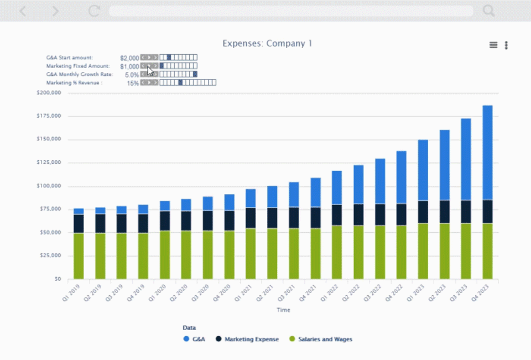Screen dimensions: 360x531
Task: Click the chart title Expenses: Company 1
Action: click(268, 43)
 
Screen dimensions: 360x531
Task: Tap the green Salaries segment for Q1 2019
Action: click(79, 255)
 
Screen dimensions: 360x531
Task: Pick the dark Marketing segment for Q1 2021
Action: click(251, 218)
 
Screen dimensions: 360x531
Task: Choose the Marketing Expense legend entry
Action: click(247, 339)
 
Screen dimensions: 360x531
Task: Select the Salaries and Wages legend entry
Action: click(320, 339)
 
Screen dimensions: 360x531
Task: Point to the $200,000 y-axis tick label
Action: click(49, 93)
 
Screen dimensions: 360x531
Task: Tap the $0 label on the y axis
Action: click(58, 279)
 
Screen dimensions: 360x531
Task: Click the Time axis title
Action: click(283, 310)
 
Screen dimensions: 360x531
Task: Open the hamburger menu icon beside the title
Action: click(493, 45)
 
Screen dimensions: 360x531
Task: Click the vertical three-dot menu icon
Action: click(506, 45)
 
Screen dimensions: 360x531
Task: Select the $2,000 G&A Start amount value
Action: click(129, 58)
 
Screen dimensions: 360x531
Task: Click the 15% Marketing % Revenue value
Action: click(133, 83)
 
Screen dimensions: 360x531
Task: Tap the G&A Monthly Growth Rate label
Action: click(80, 74)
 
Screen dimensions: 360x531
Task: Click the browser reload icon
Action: click(94, 11)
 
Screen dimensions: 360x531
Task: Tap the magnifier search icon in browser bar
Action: click(488, 11)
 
